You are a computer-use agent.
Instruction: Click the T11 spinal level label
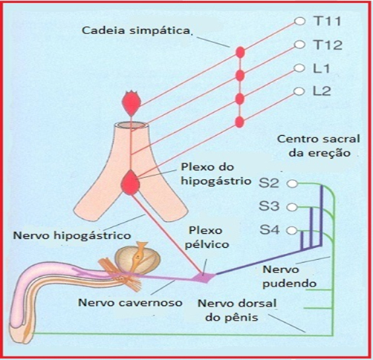coord(328,21)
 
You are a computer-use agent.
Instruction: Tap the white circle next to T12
coord(299,45)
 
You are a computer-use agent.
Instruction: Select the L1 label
coord(322,68)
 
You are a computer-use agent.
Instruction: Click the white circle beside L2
coord(299,91)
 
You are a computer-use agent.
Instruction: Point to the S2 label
coord(269,183)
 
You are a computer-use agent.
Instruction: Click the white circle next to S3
coord(293,207)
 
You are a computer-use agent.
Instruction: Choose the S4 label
coord(270,230)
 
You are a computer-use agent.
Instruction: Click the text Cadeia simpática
coord(136,31)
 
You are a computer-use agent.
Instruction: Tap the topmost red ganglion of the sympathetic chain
coord(240,53)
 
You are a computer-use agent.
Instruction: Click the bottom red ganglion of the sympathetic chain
coord(239,122)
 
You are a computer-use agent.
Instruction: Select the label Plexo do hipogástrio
coord(216,174)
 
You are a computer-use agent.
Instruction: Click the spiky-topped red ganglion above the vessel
coord(132,103)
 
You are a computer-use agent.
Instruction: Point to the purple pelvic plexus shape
coord(204,278)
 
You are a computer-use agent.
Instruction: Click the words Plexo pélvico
coord(207,238)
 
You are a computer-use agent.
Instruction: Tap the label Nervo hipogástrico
coord(72,235)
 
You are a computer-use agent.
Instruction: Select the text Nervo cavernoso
coord(130,303)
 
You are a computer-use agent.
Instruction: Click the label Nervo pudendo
coord(290,276)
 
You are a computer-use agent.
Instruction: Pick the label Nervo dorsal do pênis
coord(237,310)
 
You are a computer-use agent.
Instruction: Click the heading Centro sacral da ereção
coord(319,146)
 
